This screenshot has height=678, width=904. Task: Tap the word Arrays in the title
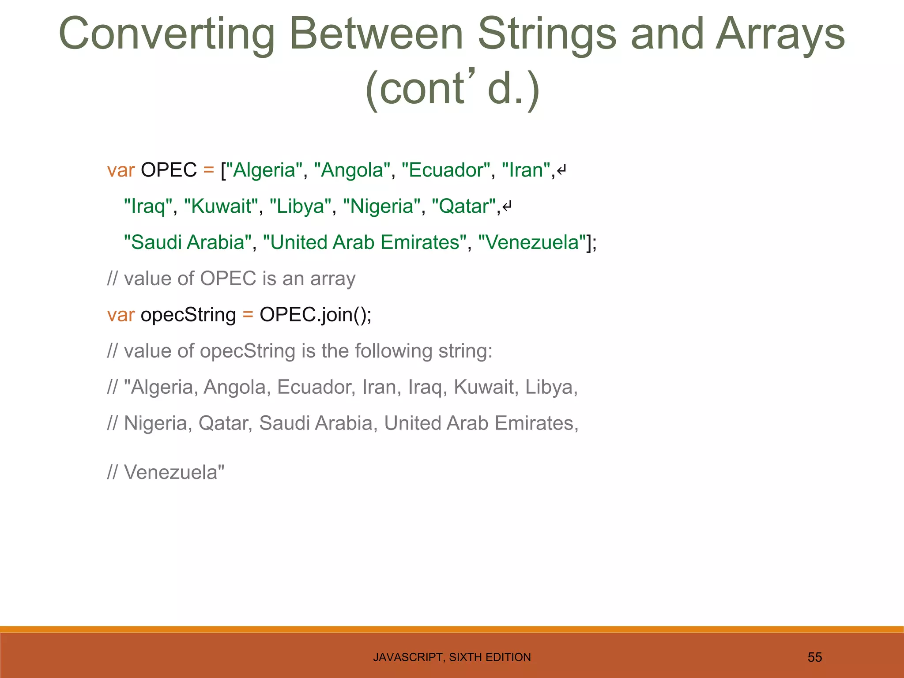pyautogui.click(x=780, y=34)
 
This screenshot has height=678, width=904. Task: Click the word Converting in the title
pyautogui.click(x=167, y=34)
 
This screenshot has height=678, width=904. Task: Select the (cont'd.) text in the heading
pyautogui.click(x=452, y=88)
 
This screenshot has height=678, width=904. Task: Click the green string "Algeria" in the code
pyautogui.click(x=264, y=170)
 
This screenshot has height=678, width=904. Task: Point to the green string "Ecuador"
pyautogui.click(x=446, y=170)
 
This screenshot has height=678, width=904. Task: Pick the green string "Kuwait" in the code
pyautogui.click(x=221, y=207)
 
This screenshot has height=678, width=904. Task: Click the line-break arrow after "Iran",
pyautogui.click(x=561, y=170)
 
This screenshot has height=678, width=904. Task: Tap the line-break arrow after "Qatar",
pyautogui.click(x=507, y=207)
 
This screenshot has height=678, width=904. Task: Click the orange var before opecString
pyautogui.click(x=121, y=315)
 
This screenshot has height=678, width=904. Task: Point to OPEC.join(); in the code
pyautogui.click(x=315, y=315)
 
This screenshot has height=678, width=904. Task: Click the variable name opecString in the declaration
pyautogui.click(x=188, y=315)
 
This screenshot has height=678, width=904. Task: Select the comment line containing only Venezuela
pyautogui.click(x=166, y=472)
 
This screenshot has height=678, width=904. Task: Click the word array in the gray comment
pyautogui.click(x=333, y=279)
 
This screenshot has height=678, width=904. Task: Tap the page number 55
pyautogui.click(x=814, y=657)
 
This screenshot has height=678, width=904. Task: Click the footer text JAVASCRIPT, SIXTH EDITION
pyautogui.click(x=452, y=657)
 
